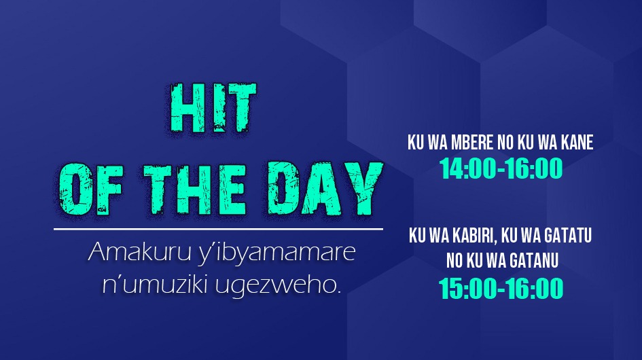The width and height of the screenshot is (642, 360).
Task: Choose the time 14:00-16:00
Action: [501, 168]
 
